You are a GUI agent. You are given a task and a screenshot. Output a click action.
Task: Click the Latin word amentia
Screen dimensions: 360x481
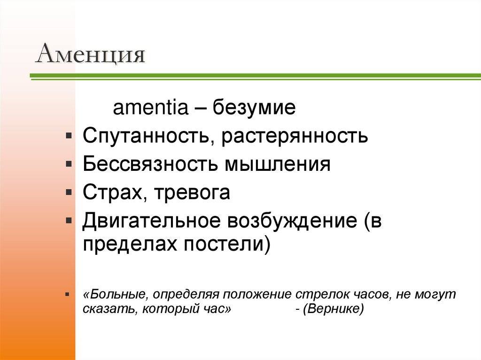[x=150, y=109]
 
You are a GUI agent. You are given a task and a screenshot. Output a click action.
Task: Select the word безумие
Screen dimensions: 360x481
[x=255, y=109]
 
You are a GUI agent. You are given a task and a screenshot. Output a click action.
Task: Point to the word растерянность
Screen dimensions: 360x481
[x=295, y=137]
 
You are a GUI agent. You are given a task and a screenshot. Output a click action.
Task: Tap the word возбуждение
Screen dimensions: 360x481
[x=292, y=221]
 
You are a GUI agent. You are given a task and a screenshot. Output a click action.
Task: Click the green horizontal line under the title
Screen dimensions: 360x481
[x=254, y=76]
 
